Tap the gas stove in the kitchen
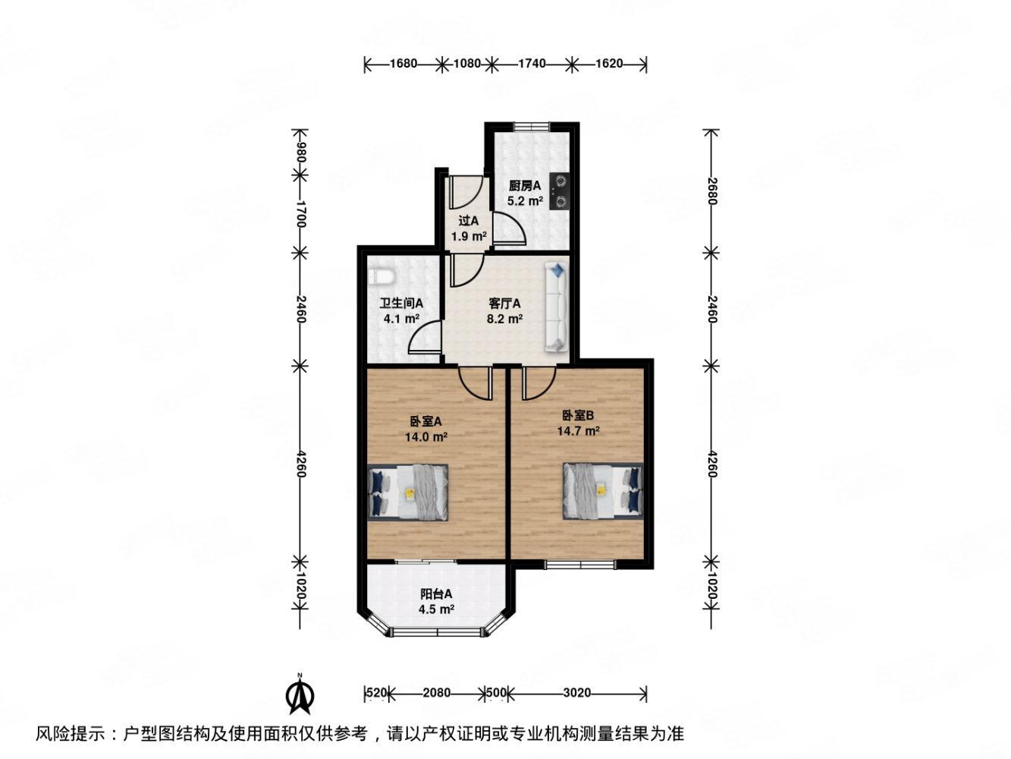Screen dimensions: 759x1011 560,191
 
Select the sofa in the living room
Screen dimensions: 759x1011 555,307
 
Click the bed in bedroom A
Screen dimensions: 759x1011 408,492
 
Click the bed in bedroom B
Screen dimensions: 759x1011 603,490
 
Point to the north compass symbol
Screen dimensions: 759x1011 300,694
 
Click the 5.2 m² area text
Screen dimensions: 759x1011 525,202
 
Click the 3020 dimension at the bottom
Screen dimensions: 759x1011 577,692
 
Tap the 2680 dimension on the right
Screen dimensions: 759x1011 711,192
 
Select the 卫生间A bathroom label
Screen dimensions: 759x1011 401,304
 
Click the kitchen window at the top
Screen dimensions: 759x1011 531,125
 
